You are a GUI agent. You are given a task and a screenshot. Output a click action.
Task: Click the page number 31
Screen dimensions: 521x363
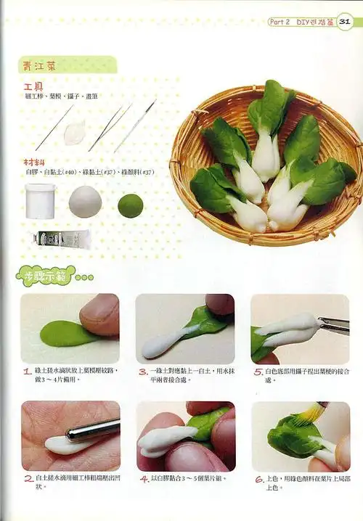pos(346,22)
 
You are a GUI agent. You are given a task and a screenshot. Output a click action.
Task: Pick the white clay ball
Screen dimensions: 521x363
pos(85,202)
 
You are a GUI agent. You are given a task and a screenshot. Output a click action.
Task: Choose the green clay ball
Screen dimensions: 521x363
pos(131,205)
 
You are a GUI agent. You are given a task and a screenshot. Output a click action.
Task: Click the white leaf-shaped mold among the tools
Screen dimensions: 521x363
pos(76,133)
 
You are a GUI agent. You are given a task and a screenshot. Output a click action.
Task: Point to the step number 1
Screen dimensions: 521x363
pos(26,370)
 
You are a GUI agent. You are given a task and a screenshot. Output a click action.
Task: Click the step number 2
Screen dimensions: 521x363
pos(26,479)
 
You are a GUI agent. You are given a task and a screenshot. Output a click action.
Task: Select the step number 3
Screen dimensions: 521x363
pos(142,370)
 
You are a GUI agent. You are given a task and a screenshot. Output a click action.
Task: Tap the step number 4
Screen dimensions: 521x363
pos(142,479)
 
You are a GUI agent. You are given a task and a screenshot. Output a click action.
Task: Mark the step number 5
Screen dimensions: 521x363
pos(258,370)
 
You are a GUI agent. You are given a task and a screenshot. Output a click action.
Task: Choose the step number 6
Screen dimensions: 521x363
pos(258,479)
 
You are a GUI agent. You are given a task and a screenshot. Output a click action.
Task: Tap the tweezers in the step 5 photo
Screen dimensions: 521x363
pos(333,325)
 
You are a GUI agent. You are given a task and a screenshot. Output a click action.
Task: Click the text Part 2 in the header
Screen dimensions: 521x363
pos(280,22)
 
